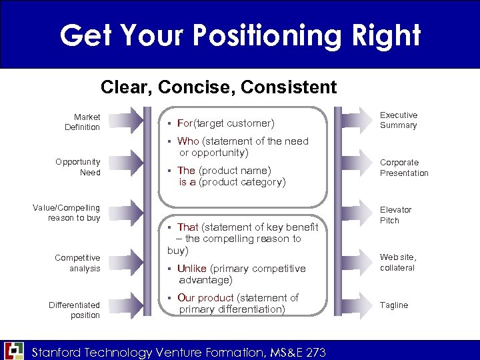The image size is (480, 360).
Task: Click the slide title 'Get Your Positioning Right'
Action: (240, 35)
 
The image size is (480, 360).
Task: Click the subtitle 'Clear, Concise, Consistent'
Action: (219, 87)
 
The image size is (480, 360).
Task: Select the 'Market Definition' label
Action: (82, 122)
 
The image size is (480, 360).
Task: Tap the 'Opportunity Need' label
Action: (77, 167)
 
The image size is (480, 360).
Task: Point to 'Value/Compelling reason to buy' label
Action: (67, 213)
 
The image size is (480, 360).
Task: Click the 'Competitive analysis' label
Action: (77, 263)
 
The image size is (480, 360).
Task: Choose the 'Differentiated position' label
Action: (74, 310)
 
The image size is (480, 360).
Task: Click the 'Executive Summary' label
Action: (398, 120)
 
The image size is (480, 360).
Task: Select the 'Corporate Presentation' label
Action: (404, 167)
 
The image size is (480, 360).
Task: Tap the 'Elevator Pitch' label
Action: (396, 215)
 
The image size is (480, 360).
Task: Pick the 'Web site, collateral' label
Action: (397, 263)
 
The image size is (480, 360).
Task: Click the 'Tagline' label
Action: (394, 305)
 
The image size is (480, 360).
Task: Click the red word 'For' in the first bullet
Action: (185, 123)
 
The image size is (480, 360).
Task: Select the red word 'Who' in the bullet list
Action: (188, 141)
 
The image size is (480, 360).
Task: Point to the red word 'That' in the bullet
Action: (187, 227)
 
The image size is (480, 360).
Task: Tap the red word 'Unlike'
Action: (192, 269)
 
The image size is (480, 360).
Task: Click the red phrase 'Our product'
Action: (205, 298)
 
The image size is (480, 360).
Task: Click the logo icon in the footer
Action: (14, 351)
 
